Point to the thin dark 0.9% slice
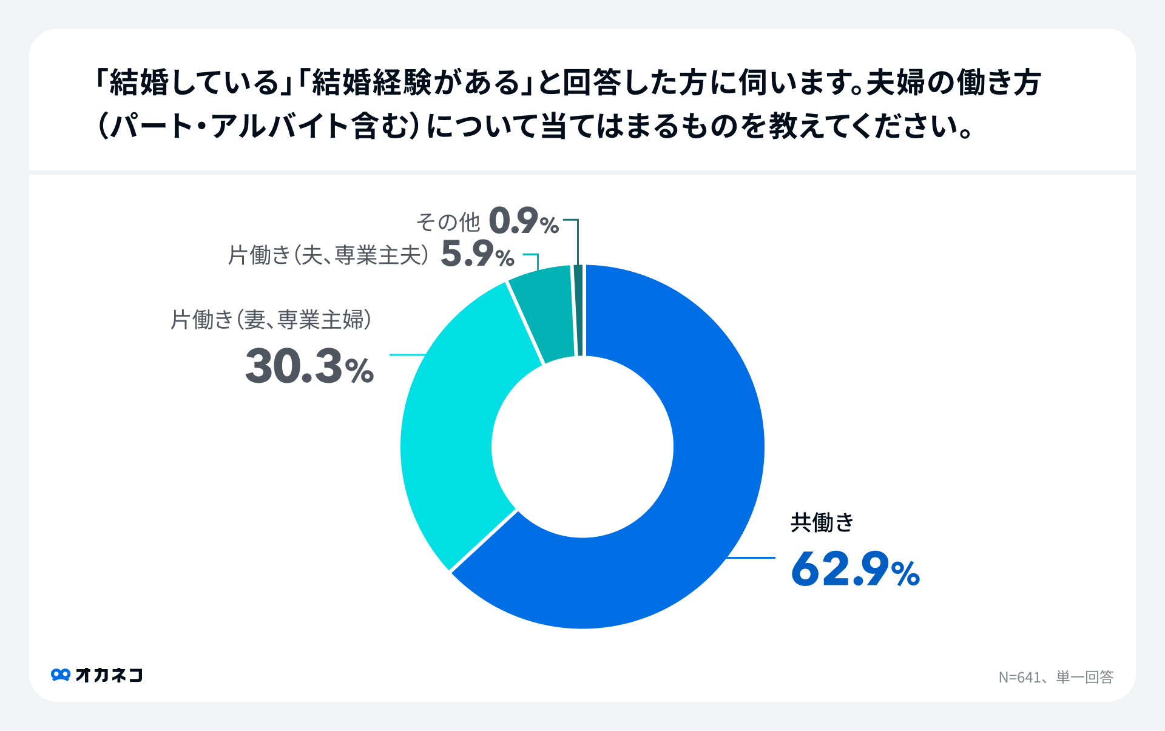pyautogui.click(x=578, y=309)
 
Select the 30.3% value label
pyautogui.click(x=309, y=366)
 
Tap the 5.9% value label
pyautogui.click(x=478, y=254)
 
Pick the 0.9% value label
pyautogui.click(x=524, y=221)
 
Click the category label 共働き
pyautogui.click(x=822, y=522)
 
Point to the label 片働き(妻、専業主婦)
pyautogui.click(x=271, y=320)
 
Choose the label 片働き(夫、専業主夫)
pyautogui.click(x=328, y=255)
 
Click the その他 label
pyautogui.click(x=448, y=222)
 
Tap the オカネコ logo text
pyautogui.click(x=109, y=675)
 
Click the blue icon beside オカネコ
pyautogui.click(x=61, y=675)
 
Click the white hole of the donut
pyautogui.click(x=582, y=447)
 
